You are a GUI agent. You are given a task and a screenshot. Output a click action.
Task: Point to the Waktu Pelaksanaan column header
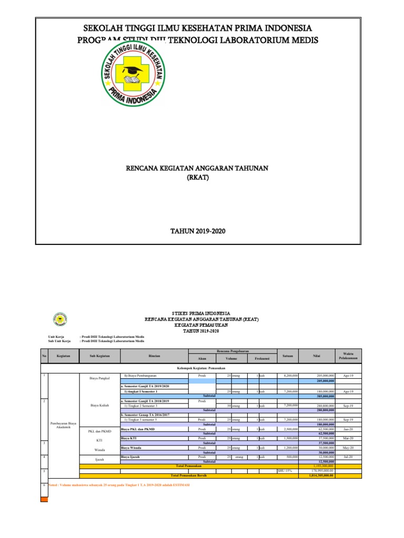tap(348, 356)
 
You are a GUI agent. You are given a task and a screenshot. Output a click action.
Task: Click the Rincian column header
tap(154, 356)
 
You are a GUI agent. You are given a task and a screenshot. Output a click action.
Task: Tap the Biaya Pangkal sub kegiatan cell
tap(99, 378)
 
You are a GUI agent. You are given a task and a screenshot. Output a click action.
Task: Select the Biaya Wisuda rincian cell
tap(132, 448)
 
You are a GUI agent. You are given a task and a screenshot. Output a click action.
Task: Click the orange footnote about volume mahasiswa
tap(118, 485)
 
